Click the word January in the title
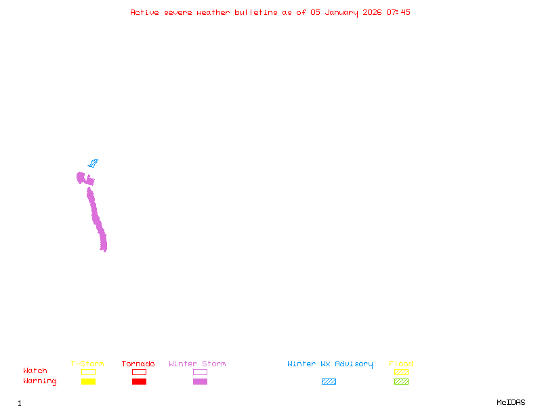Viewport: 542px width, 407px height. tap(341, 13)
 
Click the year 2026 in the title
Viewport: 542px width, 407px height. tap(372, 12)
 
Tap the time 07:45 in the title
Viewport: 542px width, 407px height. tap(398, 12)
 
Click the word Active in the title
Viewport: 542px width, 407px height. tap(144, 12)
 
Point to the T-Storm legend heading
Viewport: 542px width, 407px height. tap(87, 364)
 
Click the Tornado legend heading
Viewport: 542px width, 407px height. tap(138, 364)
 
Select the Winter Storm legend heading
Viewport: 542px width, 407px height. tap(197, 364)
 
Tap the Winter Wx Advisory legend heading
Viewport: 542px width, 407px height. tap(330, 364)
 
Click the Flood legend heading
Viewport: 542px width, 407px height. tap(401, 364)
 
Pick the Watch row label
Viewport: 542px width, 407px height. tap(35, 370)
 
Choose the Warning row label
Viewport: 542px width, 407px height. tap(40, 381)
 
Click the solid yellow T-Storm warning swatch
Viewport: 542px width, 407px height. tap(89, 381)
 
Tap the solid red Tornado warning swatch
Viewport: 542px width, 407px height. tap(140, 381)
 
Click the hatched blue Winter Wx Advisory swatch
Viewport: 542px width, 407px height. tap(329, 381)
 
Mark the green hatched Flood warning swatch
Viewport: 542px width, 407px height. tap(401, 381)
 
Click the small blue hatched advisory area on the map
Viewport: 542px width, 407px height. tap(93, 163)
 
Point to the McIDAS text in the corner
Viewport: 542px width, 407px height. tap(511, 402)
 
